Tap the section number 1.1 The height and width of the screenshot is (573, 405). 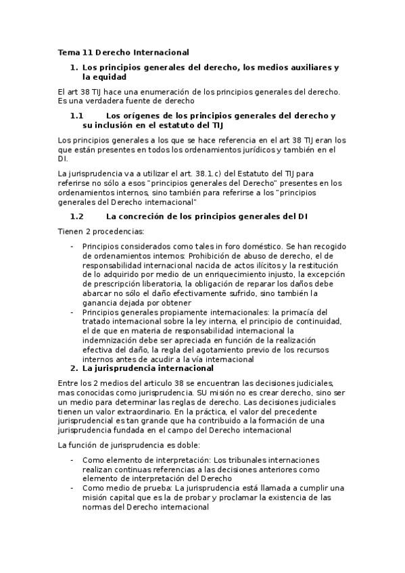pos(76,116)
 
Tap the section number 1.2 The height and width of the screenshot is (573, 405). pos(76,216)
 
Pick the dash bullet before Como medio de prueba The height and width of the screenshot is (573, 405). pos(72,488)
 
